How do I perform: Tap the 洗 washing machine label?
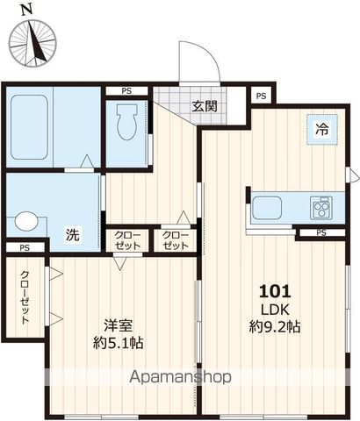(76, 235)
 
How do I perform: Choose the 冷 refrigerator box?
(321, 129)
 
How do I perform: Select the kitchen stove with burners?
(321, 209)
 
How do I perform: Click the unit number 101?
(274, 291)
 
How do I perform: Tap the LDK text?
(274, 309)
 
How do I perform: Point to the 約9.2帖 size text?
(274, 327)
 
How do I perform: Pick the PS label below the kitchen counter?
(320, 232)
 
